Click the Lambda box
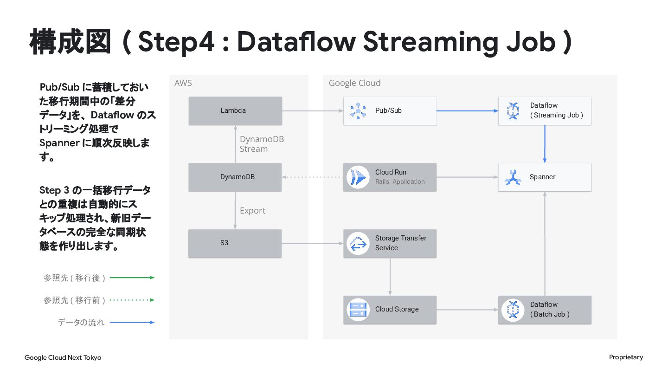235,110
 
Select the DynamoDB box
235,177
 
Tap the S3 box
235,244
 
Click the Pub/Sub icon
358,110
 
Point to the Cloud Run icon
358,177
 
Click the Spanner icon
513,177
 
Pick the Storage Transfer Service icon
358,244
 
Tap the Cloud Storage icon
358,310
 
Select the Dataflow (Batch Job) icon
513,310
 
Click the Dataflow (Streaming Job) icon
513,110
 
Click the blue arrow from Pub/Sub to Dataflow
467,110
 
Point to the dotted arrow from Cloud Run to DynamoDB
313,177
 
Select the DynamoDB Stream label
262,144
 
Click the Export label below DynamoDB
252,211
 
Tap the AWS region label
183,83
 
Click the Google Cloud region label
354,83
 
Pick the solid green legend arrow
132,278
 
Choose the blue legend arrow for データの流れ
132,322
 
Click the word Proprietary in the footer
626,357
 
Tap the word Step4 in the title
176,42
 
